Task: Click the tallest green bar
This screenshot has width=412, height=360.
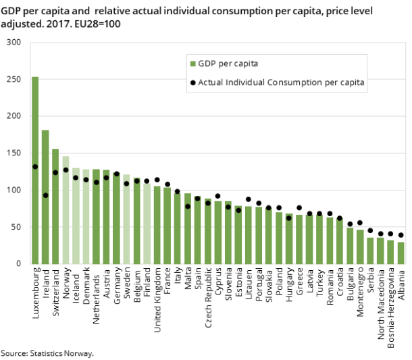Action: (x=35, y=169)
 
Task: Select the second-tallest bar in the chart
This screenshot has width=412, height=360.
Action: (x=45, y=196)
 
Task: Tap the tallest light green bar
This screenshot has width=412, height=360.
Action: (x=66, y=209)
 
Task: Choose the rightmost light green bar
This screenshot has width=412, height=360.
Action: (x=147, y=223)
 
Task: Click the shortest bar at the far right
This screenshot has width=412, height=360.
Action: (x=401, y=253)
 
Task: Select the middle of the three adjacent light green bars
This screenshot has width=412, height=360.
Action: (x=76, y=216)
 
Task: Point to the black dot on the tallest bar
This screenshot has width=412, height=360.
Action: (x=35, y=167)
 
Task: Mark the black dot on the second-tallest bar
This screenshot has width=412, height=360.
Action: (x=45, y=195)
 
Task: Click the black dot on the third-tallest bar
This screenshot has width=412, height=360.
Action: (x=55, y=172)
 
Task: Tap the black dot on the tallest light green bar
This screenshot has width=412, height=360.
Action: (x=66, y=170)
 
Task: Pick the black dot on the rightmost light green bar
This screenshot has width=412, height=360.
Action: (x=147, y=181)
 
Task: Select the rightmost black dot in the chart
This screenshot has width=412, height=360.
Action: (x=401, y=235)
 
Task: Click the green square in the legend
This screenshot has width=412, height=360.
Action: (x=193, y=64)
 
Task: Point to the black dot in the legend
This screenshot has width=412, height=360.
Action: (x=193, y=83)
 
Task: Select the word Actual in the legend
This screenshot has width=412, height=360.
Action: (x=210, y=83)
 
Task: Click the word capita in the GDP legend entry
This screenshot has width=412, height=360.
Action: (x=245, y=64)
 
